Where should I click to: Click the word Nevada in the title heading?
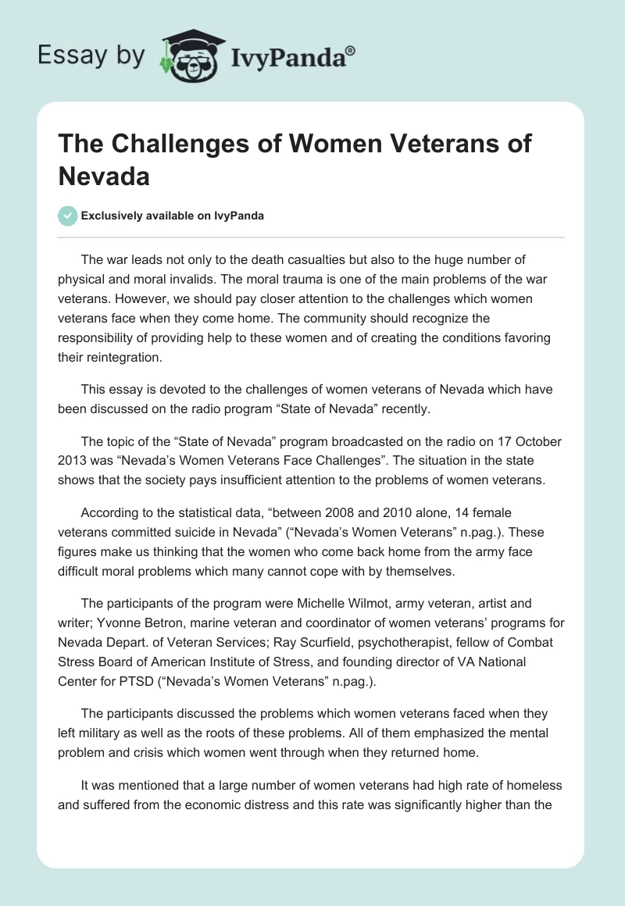tap(104, 175)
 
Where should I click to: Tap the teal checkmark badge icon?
tap(68, 216)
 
